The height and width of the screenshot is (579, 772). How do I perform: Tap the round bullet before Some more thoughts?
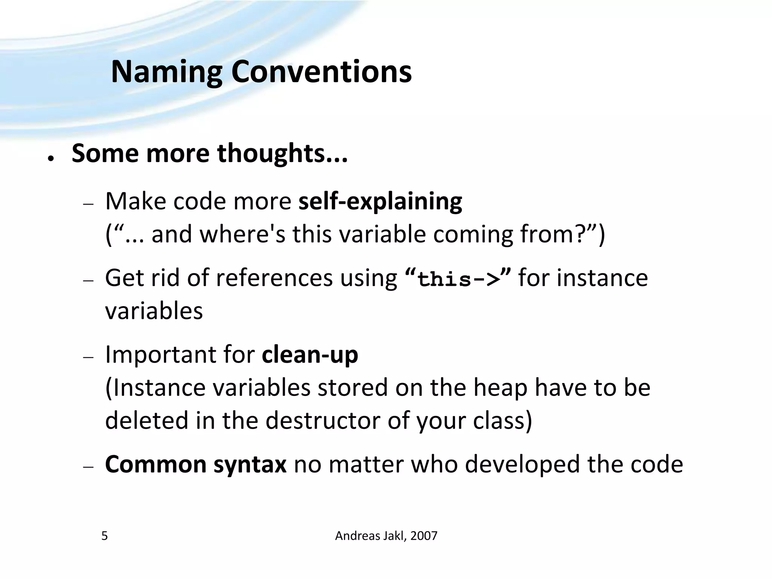(x=50, y=158)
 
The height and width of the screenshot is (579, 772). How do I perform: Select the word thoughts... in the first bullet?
(x=282, y=154)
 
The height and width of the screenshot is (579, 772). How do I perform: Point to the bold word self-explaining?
(x=380, y=202)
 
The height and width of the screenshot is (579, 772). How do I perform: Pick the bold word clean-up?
(x=310, y=355)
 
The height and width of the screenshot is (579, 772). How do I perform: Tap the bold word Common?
(x=155, y=464)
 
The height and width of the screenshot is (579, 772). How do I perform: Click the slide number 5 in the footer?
(x=104, y=536)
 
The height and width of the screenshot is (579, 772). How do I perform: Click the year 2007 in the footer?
(x=424, y=536)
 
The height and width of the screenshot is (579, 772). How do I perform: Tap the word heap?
(x=500, y=388)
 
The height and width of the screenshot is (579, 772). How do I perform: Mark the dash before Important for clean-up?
(x=88, y=358)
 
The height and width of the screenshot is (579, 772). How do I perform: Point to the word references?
(x=274, y=279)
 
